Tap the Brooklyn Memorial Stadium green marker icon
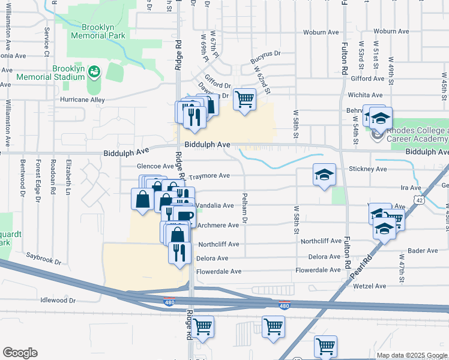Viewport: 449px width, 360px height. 94,73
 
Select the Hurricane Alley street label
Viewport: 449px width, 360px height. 82,100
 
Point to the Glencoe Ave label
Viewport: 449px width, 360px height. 155,166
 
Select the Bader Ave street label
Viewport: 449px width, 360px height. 423,250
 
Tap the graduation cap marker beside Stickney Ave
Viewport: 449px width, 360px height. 324,175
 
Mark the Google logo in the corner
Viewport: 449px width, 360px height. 20,353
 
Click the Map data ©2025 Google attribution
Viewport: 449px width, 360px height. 411,355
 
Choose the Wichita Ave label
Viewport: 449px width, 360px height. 368,95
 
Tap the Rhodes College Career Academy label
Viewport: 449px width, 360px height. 417,134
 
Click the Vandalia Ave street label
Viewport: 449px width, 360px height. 215,205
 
